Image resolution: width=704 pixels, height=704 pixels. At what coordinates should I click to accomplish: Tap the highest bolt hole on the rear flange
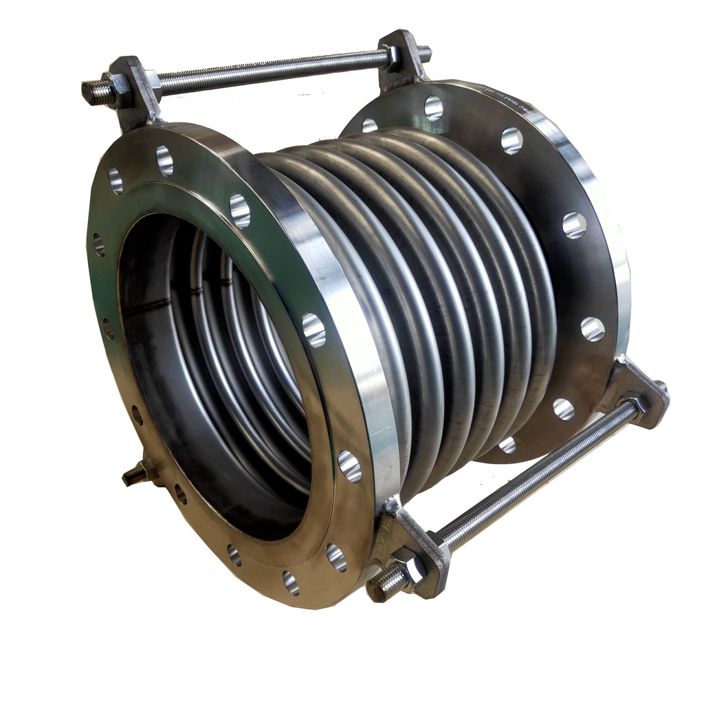[x=433, y=107]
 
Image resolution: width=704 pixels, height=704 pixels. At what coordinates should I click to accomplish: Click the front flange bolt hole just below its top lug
[x=164, y=160]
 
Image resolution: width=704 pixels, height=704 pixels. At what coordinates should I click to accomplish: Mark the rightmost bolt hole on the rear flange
[x=593, y=329]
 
